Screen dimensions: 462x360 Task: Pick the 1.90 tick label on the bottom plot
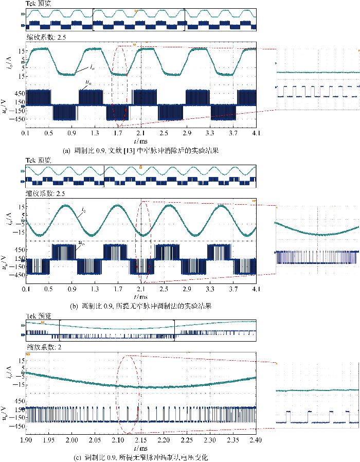click(x=26, y=441)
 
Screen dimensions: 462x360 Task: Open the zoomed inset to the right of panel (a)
click(x=317, y=79)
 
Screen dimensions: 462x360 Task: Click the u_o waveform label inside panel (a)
click(x=88, y=82)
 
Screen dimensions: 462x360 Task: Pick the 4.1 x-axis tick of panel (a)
click(x=256, y=133)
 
